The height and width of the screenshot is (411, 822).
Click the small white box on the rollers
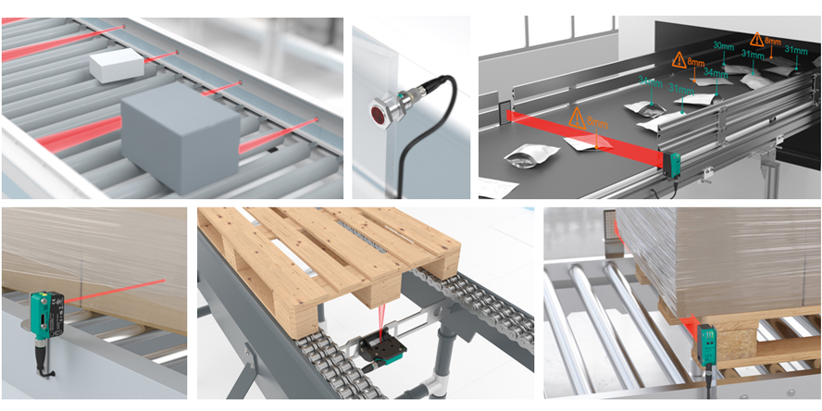116,65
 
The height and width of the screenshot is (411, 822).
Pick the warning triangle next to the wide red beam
577,118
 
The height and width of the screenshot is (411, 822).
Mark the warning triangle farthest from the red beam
757,40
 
